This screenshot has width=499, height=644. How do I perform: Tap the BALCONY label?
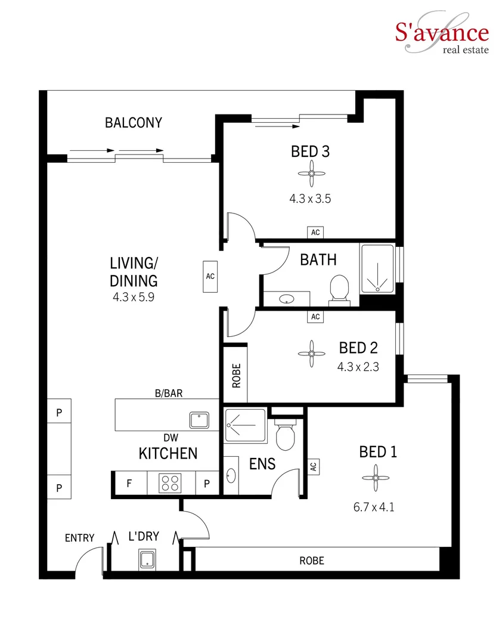134,123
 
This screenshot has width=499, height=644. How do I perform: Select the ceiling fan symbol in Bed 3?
311,174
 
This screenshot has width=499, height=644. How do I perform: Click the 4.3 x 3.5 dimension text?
310,199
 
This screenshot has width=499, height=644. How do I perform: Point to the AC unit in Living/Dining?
210,277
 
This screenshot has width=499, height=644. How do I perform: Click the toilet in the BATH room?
339,289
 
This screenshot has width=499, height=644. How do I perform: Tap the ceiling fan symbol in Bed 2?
310,353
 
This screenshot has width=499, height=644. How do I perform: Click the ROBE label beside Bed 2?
236,375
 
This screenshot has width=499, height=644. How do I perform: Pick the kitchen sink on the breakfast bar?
198,420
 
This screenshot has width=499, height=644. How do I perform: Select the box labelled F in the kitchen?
129,483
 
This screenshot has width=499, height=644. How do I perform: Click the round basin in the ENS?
231,476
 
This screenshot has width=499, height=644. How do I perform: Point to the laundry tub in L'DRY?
147,559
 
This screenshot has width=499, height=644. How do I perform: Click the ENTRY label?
79,538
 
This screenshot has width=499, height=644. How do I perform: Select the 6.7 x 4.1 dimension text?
374,507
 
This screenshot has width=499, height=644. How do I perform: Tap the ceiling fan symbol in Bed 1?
374,478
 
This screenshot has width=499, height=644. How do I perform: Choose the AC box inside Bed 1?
313,467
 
